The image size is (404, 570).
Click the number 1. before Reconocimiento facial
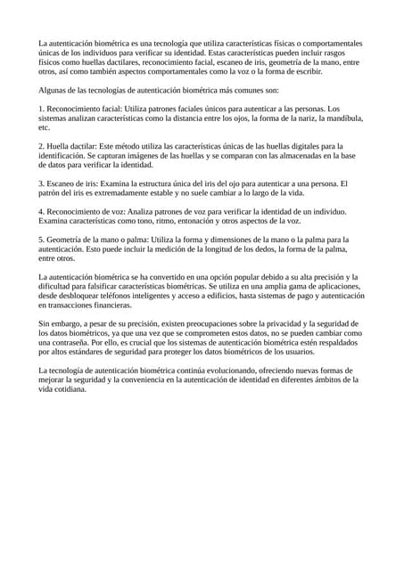pos(41,107)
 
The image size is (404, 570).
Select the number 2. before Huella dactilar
pos(41,145)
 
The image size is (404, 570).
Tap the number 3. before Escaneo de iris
pos(41,183)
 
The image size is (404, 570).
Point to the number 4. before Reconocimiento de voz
pos(41,212)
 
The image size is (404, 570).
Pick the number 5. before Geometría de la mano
pos(41,240)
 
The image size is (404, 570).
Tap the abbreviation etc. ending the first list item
pos(44,127)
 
